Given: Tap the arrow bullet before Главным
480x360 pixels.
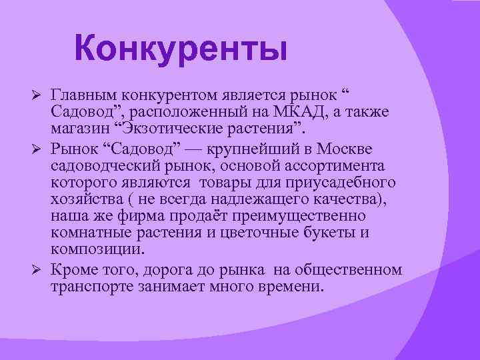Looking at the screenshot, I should pos(38,91).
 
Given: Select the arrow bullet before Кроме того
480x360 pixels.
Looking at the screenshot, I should pos(38,270).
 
